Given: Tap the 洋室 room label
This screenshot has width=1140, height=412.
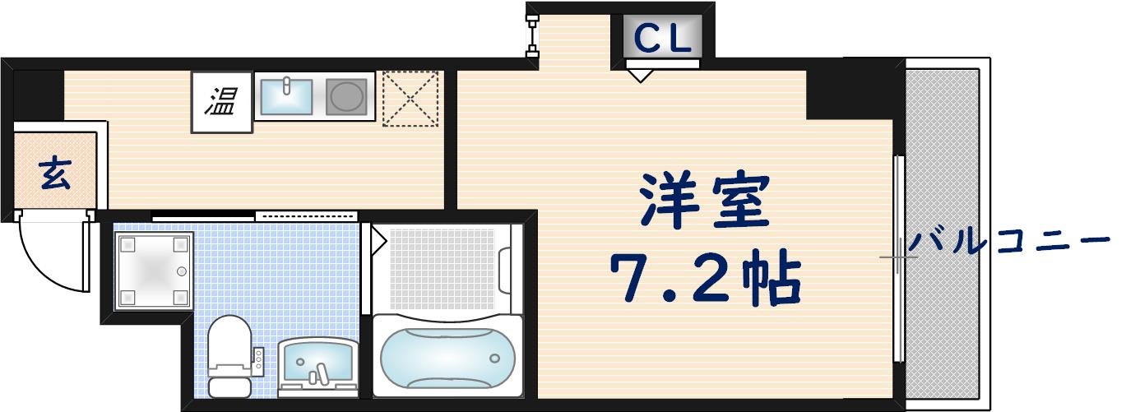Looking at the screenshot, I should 705,202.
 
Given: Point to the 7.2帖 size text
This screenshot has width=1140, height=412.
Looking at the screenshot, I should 704,279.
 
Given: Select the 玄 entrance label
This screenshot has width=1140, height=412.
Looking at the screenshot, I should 55,174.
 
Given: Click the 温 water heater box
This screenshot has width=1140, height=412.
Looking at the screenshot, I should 221,103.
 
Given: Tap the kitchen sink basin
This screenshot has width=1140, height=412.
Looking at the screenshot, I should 286,95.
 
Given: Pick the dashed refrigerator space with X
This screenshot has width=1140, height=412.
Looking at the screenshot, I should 410,99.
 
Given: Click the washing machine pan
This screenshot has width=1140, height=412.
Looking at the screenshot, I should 154,269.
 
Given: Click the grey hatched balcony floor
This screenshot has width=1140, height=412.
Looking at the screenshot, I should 943,230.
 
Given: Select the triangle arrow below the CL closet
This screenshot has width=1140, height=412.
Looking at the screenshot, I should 640,76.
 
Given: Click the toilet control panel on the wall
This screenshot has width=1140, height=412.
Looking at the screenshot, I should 257,358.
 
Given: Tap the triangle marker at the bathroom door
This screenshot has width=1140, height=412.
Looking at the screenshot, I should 378,240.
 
